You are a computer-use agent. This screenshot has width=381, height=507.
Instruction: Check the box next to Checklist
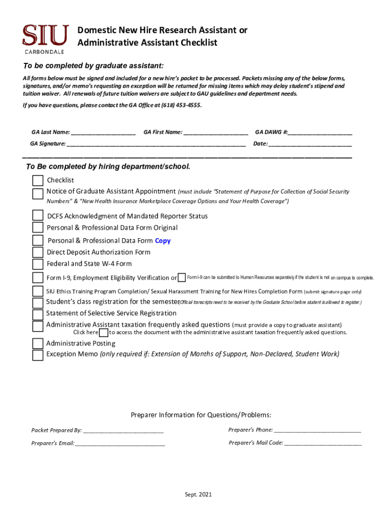(38, 181)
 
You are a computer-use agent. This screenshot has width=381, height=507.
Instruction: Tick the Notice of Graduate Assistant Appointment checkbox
(38, 194)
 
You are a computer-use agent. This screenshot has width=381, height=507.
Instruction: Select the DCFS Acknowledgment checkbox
(38, 215)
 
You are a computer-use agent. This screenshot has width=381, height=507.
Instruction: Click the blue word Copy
(162, 241)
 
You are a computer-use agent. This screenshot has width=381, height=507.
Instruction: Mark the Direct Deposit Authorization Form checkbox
(38, 253)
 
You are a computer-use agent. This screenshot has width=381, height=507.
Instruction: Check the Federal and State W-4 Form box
(38, 265)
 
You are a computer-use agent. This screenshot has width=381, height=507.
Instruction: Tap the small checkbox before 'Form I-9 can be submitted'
(182, 277)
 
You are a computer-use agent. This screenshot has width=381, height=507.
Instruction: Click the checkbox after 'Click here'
(104, 333)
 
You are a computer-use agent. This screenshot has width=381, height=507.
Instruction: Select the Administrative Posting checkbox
(38, 343)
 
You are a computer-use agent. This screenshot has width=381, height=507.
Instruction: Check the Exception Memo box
(38, 355)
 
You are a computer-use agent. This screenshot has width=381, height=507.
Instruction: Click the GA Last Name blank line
(103, 133)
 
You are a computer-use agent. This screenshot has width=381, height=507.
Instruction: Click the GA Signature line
(156, 144)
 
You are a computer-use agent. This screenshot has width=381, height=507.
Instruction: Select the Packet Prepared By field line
(123, 431)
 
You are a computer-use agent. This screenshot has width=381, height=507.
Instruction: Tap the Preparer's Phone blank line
(317, 430)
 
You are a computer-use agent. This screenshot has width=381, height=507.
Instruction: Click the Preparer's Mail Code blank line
(323, 443)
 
